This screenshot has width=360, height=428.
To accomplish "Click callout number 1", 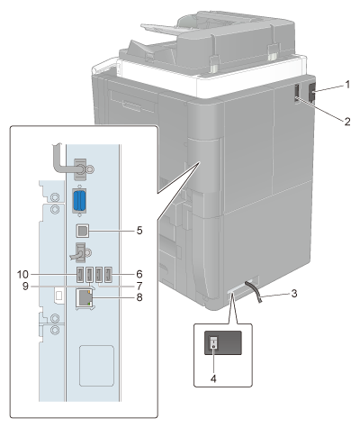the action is (347, 85).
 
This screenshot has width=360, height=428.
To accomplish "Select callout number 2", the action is (347, 122).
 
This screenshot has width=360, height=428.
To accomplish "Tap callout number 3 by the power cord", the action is (294, 293).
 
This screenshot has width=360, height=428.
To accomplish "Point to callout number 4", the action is (213, 378).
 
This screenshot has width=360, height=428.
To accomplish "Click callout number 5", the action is (139, 231).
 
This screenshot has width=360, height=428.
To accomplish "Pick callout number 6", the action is (139, 274).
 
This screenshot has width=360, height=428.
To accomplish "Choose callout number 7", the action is (139, 286).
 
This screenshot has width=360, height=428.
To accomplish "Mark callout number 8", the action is (139, 297).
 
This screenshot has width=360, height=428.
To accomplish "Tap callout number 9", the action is (25, 286).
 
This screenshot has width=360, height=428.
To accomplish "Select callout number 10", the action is (22, 274).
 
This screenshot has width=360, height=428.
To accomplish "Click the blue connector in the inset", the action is (79, 201).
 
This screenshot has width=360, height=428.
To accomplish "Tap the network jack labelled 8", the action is (85, 297).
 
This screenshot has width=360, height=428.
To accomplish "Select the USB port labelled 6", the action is (108, 275).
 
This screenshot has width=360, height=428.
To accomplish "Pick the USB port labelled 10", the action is (80, 275).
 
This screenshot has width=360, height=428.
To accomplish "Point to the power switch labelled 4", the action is (213, 342).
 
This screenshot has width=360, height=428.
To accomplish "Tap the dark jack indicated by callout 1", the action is (312, 91).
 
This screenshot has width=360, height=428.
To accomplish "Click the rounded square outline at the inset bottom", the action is (96, 366).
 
